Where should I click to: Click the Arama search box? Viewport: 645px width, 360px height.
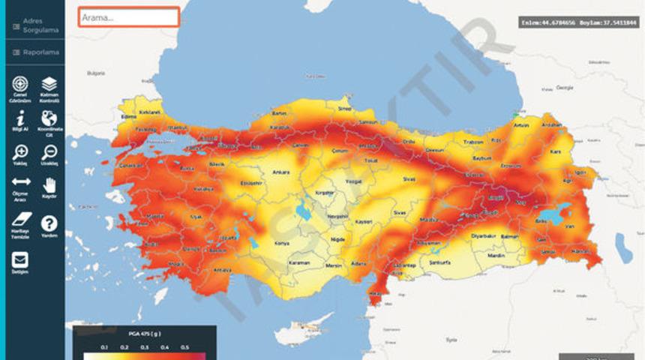pyautogui.click(x=128, y=17)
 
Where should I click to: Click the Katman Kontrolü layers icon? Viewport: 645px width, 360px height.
pyautogui.click(x=49, y=84)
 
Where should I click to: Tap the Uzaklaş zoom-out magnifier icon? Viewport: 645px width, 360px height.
pyautogui.click(x=49, y=151)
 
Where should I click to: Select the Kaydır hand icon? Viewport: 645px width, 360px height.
pyautogui.click(x=49, y=184)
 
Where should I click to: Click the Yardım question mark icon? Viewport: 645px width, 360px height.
pyautogui.click(x=49, y=223)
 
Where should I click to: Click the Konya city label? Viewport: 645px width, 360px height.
pyautogui.click(x=282, y=243)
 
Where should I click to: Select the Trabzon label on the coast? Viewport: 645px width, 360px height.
pyautogui.click(x=473, y=142)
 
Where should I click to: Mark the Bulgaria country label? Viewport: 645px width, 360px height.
pyautogui.click(x=96, y=73)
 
